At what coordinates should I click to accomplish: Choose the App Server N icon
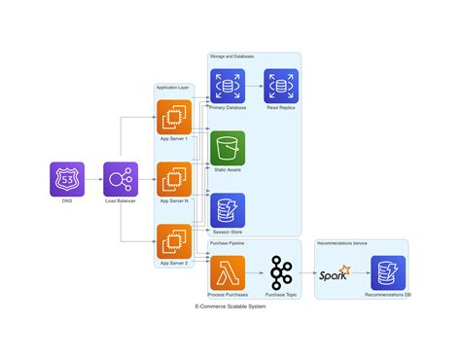(x=174, y=179)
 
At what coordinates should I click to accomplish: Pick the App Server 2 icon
(x=174, y=241)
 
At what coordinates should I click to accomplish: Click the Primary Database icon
(x=228, y=86)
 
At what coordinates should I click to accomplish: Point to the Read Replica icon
(x=281, y=86)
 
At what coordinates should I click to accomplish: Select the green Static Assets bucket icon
(x=228, y=148)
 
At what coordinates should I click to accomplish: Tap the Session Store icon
(x=228, y=210)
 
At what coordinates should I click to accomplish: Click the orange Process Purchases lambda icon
(x=228, y=272)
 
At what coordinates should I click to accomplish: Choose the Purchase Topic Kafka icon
(x=281, y=272)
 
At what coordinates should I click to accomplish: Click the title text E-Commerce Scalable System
(x=230, y=306)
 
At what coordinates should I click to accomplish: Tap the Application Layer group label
(x=173, y=89)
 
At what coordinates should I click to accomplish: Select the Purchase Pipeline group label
(x=227, y=244)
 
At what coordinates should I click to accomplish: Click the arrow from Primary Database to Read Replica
(x=254, y=86)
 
